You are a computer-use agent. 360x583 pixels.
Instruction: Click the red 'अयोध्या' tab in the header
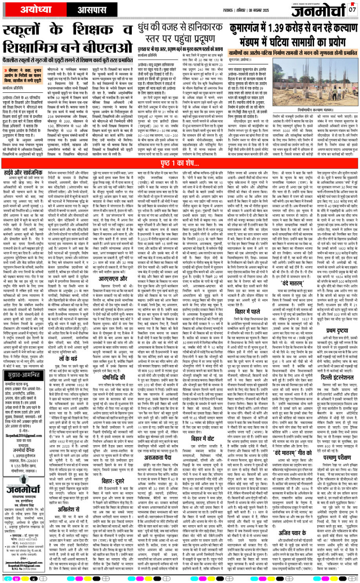tap(28, 8)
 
